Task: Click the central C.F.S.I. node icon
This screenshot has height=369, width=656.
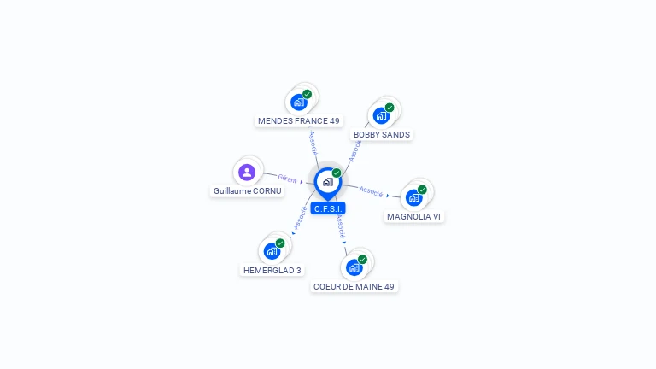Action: coord(327,182)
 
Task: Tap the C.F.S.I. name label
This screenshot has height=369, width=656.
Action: coord(328,208)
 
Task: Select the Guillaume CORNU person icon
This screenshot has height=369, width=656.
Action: coord(247,173)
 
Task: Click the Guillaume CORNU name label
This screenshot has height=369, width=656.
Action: coord(248,191)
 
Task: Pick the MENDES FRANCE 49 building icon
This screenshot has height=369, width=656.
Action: coord(298,102)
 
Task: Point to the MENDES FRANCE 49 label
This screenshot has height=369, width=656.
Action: coord(299,121)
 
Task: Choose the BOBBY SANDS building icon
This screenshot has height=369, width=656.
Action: coord(381,115)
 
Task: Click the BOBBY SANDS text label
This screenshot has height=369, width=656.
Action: coord(382,135)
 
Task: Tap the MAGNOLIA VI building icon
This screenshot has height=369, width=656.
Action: coord(414,197)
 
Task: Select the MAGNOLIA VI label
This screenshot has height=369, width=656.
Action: coord(413,217)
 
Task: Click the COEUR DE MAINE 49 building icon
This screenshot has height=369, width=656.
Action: coord(354,267)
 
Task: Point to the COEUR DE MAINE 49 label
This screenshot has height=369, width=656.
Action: coord(354,287)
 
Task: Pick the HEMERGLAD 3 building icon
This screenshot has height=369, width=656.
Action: coord(272,251)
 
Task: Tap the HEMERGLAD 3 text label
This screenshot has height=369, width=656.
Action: coord(272,271)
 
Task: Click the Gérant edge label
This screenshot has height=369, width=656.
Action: coord(287,179)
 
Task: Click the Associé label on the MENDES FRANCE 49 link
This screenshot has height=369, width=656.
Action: coord(313,142)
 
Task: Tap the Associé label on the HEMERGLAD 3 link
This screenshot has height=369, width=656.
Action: coord(300,216)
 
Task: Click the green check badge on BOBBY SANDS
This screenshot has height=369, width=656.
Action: coord(389,108)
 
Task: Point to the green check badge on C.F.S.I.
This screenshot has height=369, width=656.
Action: coord(337,173)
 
